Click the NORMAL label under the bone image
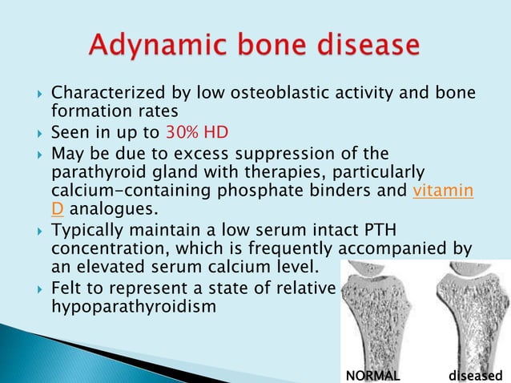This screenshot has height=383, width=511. click(372, 374)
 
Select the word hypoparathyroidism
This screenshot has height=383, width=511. click(134, 306)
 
